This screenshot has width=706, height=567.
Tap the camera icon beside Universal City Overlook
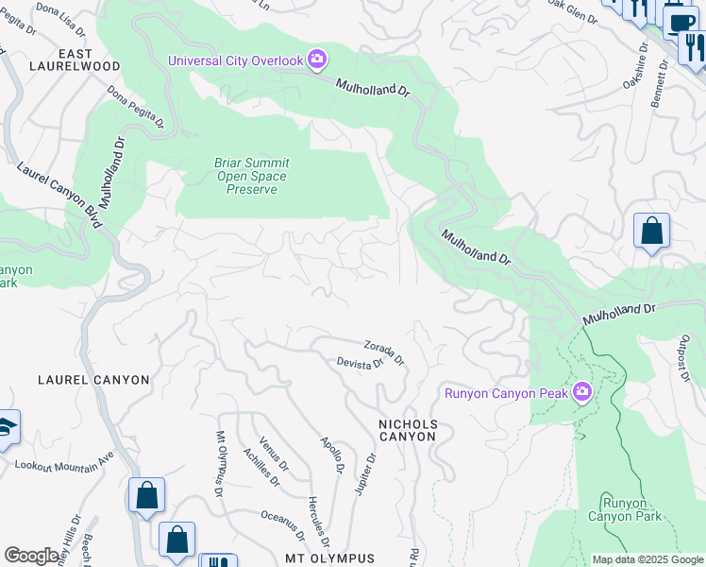[317, 60]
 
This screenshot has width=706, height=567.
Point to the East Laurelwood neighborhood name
[76, 60]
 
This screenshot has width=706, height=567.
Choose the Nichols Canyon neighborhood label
[408, 430]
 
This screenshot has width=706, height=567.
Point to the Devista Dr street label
[360, 363]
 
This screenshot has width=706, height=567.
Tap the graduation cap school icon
[6, 428]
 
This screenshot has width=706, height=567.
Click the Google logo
[32, 556]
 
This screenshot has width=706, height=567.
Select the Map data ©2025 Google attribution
[647, 559]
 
